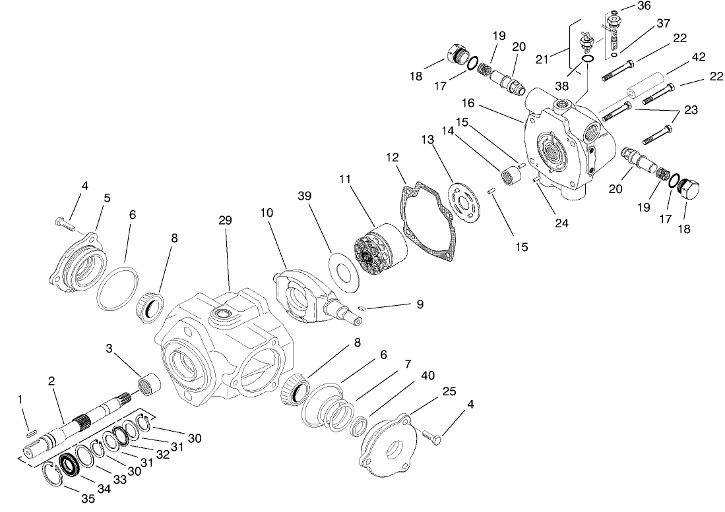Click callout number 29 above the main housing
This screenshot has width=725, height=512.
pyautogui.click(x=225, y=220)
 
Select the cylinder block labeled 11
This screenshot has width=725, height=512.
pyautogui.click(x=375, y=250)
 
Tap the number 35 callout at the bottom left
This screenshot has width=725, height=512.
pyautogui.click(x=88, y=499)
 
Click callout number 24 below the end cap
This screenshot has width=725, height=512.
pyautogui.click(x=561, y=223)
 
